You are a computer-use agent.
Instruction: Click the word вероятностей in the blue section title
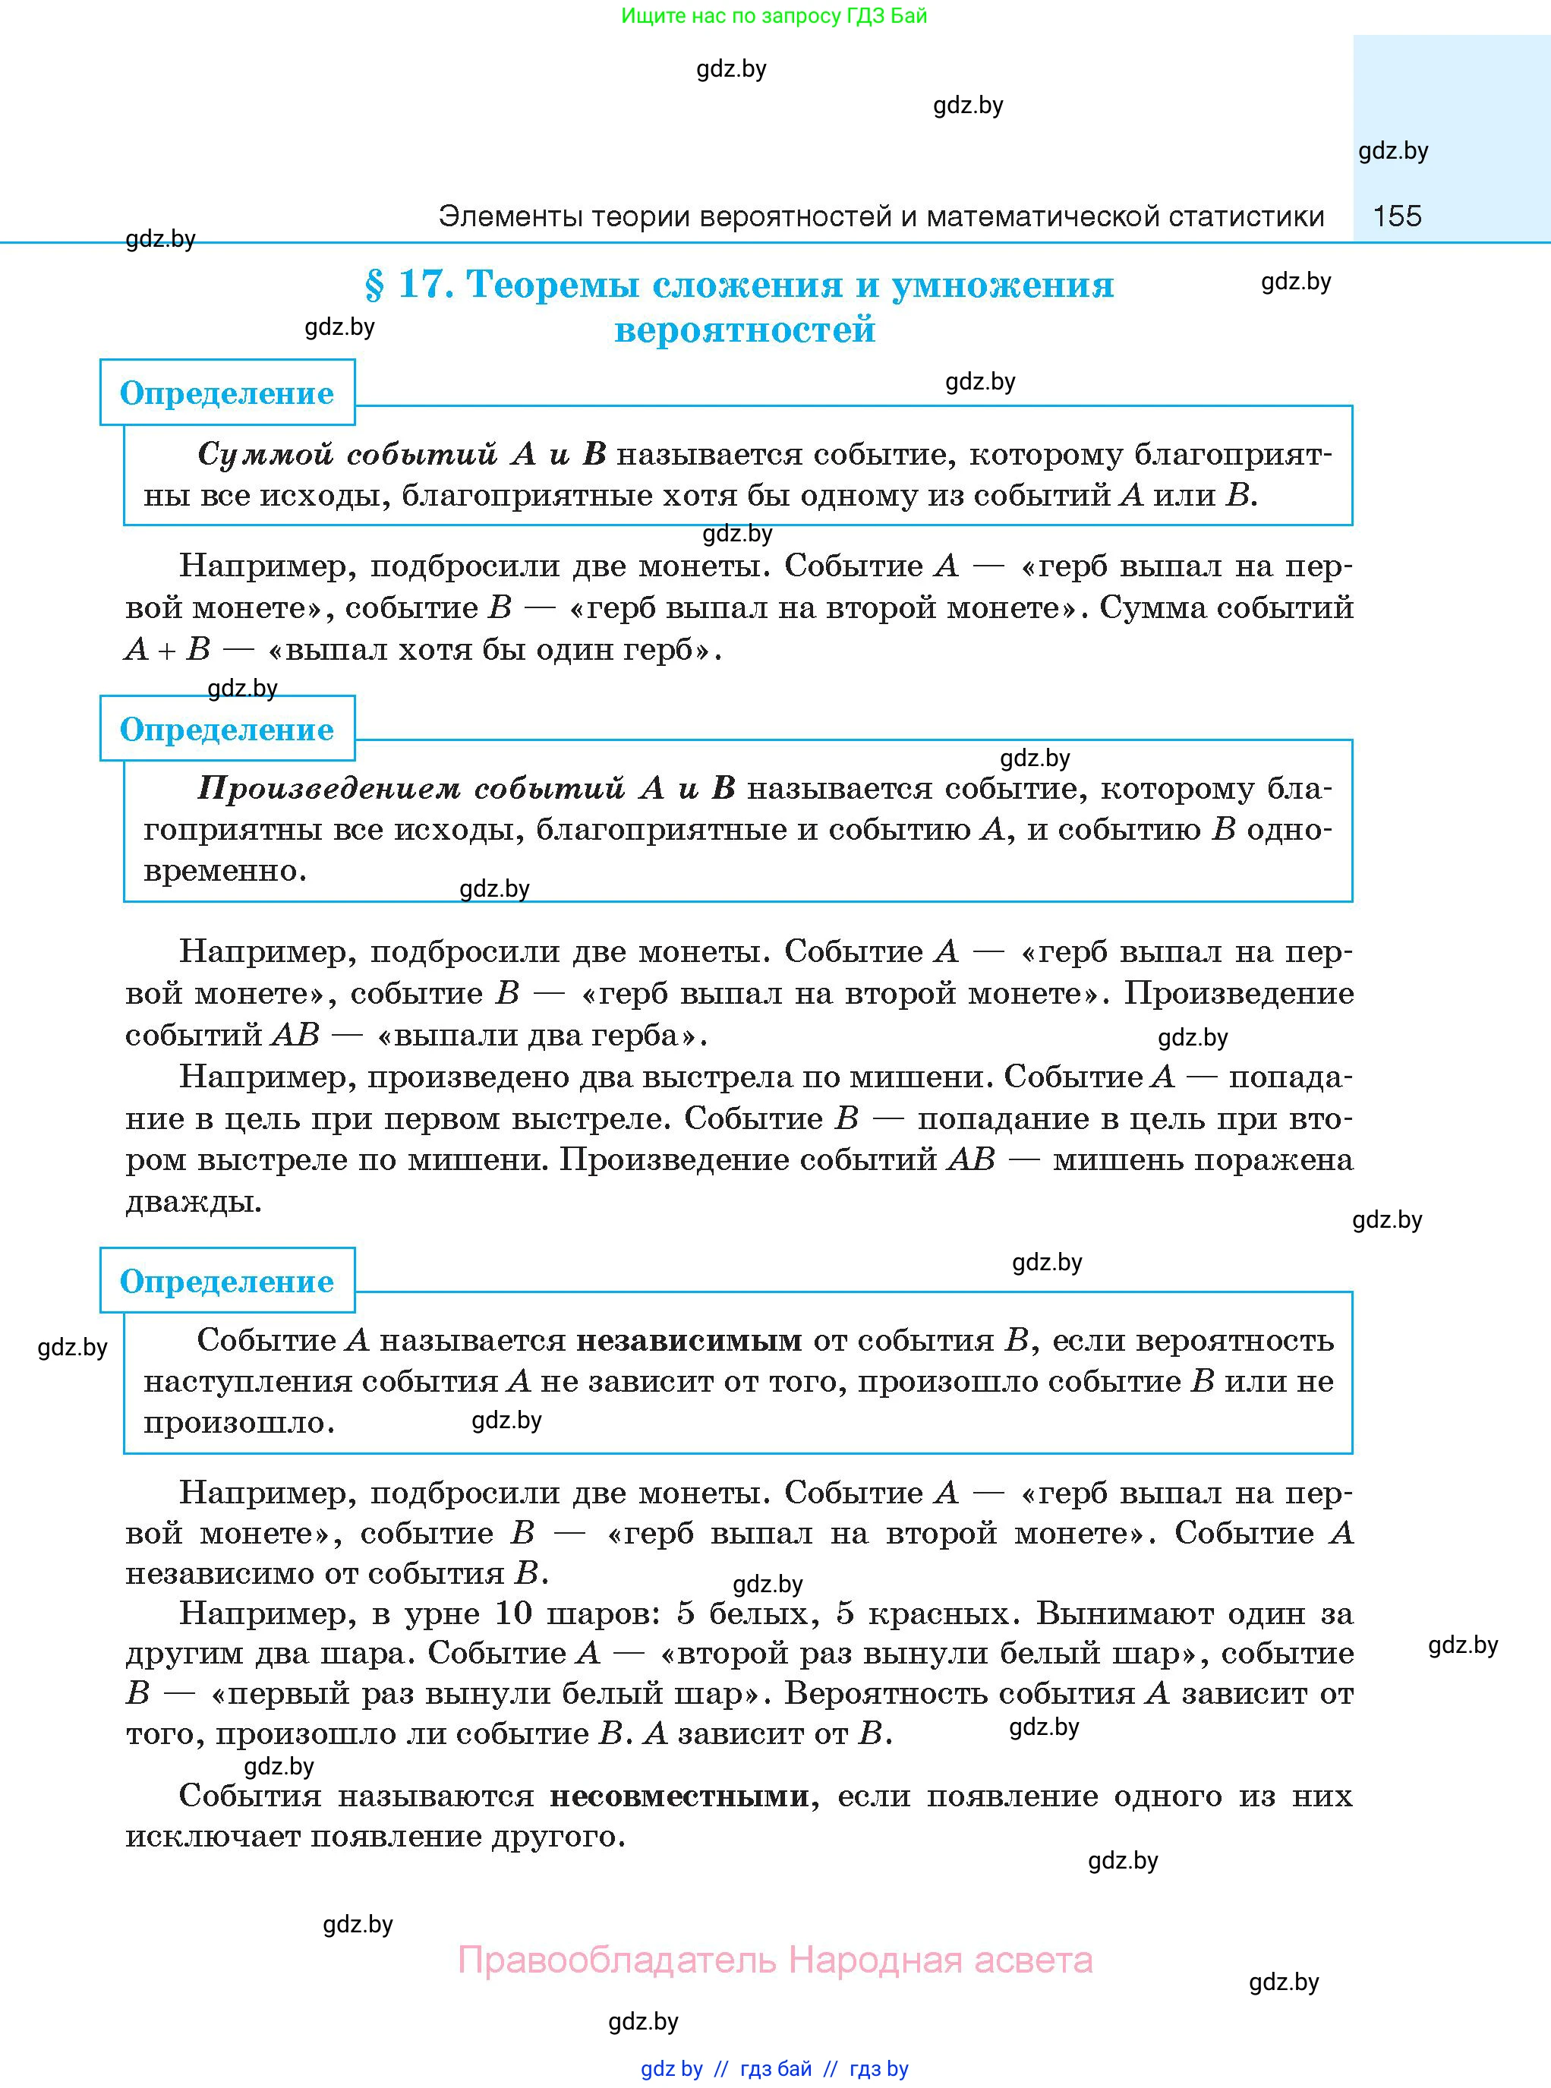[745, 330]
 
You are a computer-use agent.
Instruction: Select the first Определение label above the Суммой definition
[226, 393]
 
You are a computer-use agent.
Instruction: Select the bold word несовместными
[679, 1796]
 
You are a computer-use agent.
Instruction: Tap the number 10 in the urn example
[512, 1614]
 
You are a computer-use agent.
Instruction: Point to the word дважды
[194, 1203]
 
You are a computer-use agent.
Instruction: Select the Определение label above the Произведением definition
[226, 730]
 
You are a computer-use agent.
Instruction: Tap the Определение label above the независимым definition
[226, 1282]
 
